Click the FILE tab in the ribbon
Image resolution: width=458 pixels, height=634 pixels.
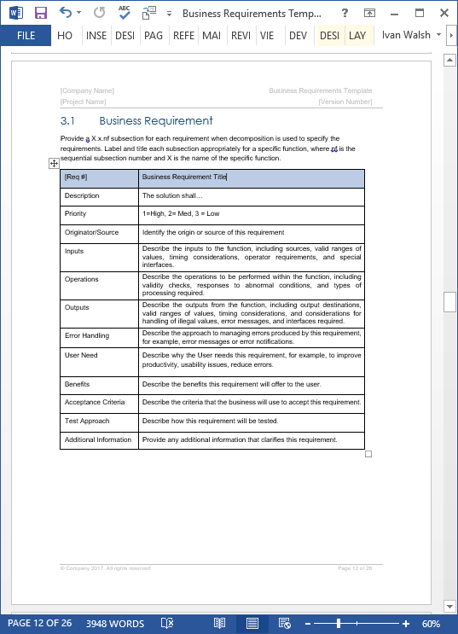click(x=26, y=36)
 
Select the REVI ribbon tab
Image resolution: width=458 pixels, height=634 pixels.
click(x=241, y=36)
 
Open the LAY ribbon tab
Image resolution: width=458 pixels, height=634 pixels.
click(x=357, y=36)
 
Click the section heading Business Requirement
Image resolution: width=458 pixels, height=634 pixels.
click(x=155, y=120)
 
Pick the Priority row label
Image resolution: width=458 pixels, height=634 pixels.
click(x=75, y=213)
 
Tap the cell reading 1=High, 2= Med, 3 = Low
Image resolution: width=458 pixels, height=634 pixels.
click(x=181, y=213)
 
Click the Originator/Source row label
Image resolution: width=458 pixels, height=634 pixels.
click(x=91, y=232)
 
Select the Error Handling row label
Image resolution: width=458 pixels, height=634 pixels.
click(x=86, y=336)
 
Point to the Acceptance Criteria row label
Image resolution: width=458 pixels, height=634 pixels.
click(x=94, y=402)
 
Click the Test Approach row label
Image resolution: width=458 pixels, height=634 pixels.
click(x=86, y=421)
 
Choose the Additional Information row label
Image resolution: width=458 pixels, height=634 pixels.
click(x=98, y=439)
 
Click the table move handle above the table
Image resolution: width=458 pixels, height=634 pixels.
click(x=54, y=163)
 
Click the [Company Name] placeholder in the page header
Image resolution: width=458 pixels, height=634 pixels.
click(x=87, y=90)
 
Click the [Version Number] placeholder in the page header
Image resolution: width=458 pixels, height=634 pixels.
click(x=345, y=102)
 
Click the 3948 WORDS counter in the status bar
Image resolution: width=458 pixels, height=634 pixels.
click(x=114, y=624)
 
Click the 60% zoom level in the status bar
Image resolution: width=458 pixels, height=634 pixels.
click(x=431, y=624)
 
